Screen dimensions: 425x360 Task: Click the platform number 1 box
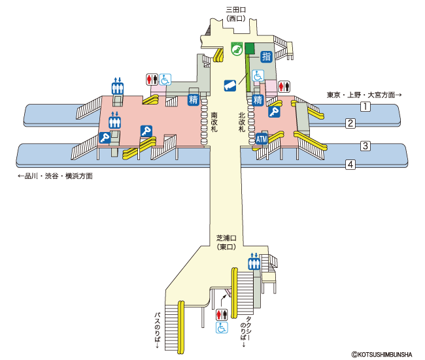tap(365, 106)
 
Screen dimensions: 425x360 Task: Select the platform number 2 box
tap(350, 123)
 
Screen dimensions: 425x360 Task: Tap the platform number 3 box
tap(365, 146)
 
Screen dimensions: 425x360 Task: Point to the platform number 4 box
tap(350, 165)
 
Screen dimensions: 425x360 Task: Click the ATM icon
tap(262, 139)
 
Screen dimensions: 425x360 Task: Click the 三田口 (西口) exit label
tap(236, 14)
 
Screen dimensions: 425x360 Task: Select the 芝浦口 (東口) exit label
tap(226, 242)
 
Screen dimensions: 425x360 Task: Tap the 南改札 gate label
tap(214, 122)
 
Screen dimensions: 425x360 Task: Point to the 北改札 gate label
tap(242, 122)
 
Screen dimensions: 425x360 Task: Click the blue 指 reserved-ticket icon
tap(266, 57)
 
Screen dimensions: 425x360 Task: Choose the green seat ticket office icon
tap(237, 49)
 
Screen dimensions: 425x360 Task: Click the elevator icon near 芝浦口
tap(254, 262)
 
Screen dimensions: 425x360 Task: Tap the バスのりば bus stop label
tap(157, 331)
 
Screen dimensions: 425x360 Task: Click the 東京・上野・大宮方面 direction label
tap(364, 95)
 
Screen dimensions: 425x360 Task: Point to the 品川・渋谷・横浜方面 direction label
tap(56, 176)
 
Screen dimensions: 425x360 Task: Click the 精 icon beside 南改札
tap(194, 100)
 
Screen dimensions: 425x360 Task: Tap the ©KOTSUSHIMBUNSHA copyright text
tap(382, 354)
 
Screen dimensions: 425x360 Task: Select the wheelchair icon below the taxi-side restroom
tap(222, 327)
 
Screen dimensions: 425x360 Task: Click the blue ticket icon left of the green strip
tap(230, 86)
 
